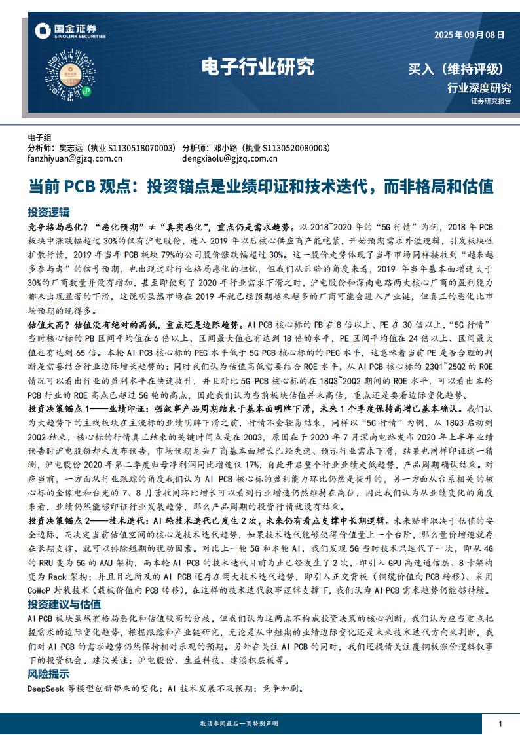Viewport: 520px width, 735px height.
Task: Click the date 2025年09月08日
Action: click(x=470, y=36)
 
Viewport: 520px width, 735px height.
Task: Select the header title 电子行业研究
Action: click(x=257, y=67)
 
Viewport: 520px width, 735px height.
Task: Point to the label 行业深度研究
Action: click(x=479, y=88)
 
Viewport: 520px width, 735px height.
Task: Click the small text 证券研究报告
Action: click(x=491, y=101)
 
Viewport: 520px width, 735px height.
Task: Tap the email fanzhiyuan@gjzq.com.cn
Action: click(x=75, y=158)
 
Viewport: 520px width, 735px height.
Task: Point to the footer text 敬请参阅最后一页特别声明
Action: click(x=238, y=723)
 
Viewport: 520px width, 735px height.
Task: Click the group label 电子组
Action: click(x=39, y=137)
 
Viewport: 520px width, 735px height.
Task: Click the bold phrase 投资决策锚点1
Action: click(x=60, y=408)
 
